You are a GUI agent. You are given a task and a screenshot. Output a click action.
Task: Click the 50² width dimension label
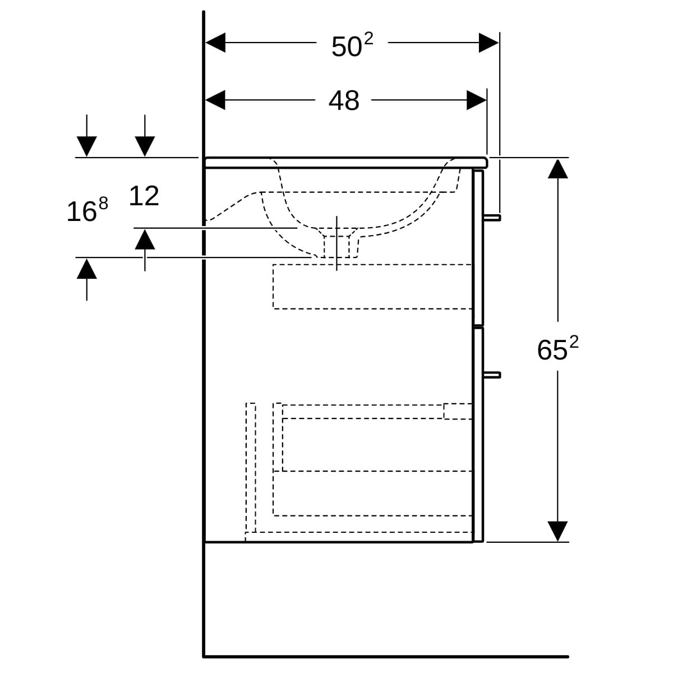[352, 45]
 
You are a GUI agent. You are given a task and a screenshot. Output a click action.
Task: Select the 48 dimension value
[343, 101]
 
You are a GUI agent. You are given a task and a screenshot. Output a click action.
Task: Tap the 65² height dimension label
[557, 349]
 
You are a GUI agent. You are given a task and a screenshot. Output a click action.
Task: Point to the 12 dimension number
[144, 196]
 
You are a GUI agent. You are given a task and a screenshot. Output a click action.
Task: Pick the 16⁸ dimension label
[87, 210]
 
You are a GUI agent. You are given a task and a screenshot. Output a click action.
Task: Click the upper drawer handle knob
[492, 218]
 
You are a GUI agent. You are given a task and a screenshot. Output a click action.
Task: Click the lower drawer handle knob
[492, 375]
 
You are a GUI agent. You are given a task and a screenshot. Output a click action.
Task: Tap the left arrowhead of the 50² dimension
[215, 43]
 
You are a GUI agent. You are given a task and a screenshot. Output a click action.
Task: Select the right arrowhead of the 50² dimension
[489, 43]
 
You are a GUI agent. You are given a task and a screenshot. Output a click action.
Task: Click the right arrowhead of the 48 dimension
[477, 100]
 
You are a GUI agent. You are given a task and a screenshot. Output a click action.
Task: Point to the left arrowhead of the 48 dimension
[215, 100]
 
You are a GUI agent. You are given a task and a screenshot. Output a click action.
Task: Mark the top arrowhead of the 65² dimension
[557, 168]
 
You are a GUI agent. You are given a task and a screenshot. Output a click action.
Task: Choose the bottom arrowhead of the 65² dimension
[557, 531]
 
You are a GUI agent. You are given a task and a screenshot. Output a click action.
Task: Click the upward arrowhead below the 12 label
[145, 239]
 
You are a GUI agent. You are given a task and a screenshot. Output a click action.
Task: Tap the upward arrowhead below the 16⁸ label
[86, 269]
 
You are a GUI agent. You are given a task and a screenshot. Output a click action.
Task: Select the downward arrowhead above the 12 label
[145, 146]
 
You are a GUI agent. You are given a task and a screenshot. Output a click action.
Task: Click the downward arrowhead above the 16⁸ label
[86, 146]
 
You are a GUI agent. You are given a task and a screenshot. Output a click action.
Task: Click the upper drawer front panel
[478, 247]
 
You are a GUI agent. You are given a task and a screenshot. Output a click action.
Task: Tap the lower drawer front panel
[478, 435]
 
